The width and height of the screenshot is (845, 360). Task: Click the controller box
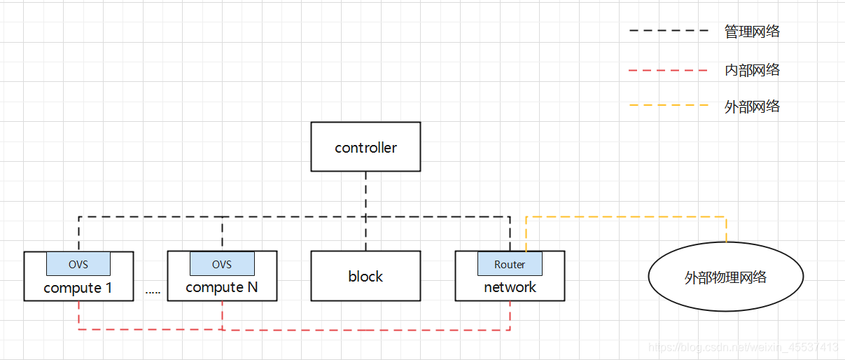coord(365,147)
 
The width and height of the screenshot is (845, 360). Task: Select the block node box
coord(365,277)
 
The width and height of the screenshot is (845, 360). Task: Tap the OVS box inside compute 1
coord(78,264)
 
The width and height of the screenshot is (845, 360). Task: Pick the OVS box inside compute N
coord(222,264)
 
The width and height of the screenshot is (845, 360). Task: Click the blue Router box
coord(510,264)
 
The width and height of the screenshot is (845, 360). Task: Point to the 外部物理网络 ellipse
coord(725,277)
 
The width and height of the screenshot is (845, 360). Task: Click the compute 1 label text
coord(78,288)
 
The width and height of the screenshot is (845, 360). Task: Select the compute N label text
coord(222,288)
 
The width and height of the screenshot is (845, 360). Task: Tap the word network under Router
coord(510,288)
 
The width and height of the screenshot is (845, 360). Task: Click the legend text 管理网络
coord(752,32)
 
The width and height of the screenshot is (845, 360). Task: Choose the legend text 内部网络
coord(752,70)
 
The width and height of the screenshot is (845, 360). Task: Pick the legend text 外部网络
coord(752,107)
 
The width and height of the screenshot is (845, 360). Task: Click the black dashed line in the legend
coord(669,32)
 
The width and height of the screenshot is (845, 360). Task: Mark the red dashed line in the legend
coord(669,70)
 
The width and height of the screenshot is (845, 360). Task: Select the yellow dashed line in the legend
coord(669,107)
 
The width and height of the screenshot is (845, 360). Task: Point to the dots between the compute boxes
coord(153,292)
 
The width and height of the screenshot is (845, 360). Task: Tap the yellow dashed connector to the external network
coord(627,217)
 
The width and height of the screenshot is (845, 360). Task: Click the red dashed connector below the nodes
coord(364,329)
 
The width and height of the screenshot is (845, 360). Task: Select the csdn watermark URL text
coord(743,347)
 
